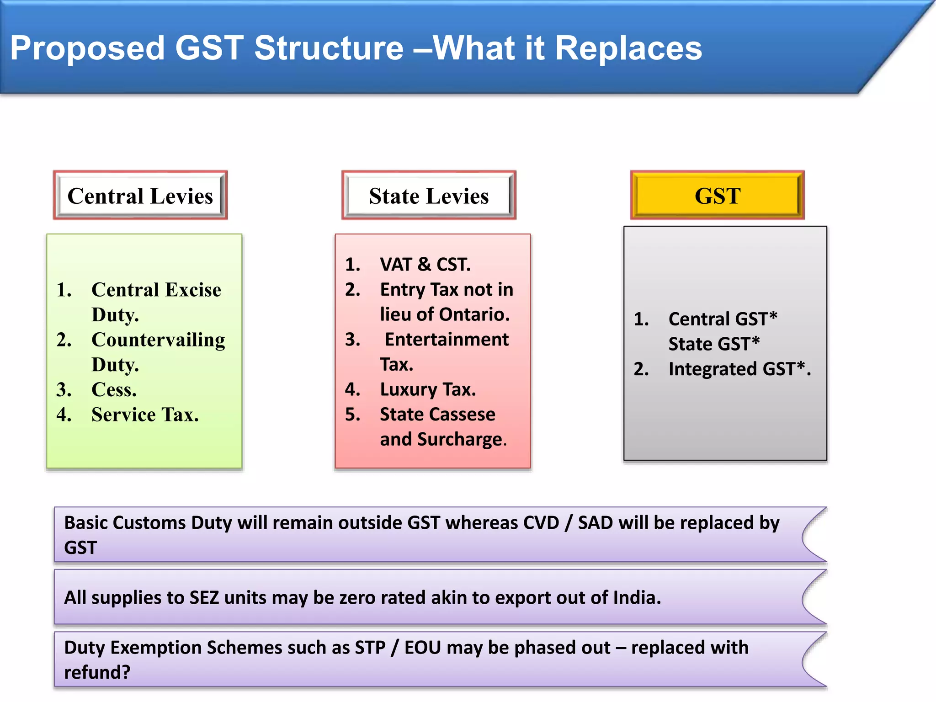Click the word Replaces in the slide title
point(628,48)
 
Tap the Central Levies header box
point(140,196)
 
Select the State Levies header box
point(429,196)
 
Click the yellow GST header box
point(717,196)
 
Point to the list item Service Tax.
point(145,415)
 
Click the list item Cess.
point(114,390)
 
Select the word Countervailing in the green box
point(158,340)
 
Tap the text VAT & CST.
point(425,265)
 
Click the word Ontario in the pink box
point(473,314)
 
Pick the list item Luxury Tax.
point(428,389)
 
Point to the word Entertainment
point(447,340)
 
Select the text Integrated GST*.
point(739,369)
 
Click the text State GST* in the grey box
point(714,344)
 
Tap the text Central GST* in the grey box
point(723,319)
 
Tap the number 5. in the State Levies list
point(352,415)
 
